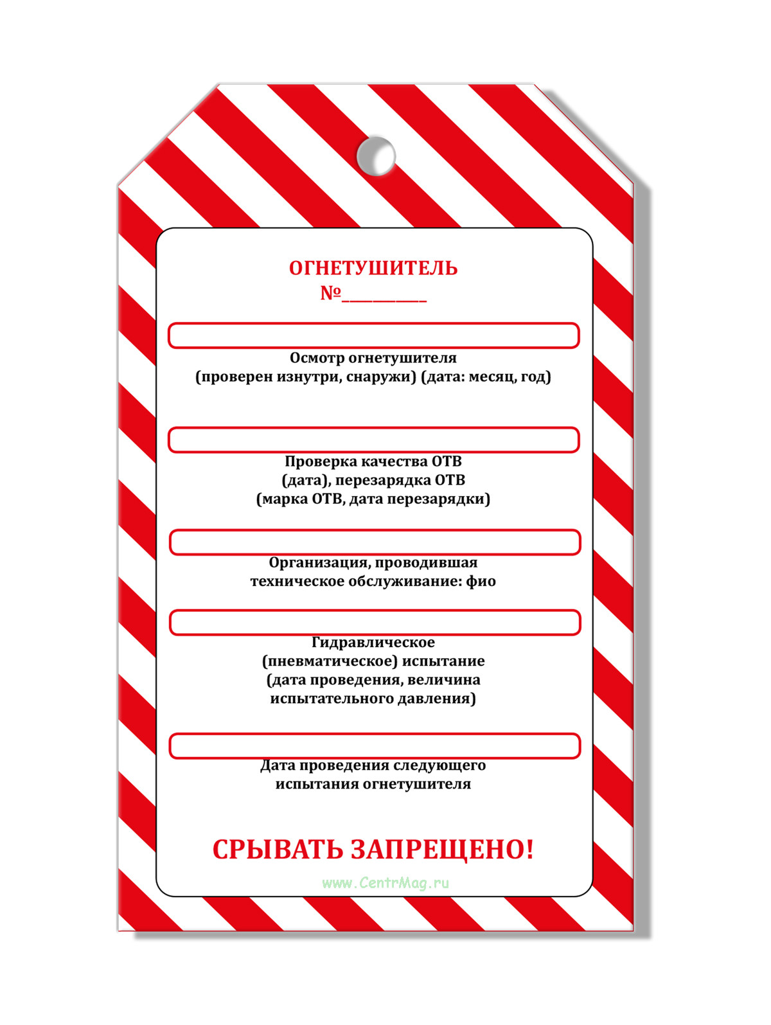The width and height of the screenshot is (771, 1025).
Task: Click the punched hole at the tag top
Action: [x=376, y=155]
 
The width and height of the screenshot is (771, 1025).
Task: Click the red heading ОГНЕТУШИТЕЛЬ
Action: [x=373, y=268]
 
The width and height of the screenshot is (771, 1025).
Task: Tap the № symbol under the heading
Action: [x=330, y=293]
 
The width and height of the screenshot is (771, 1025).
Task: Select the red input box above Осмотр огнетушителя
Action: [x=373, y=335]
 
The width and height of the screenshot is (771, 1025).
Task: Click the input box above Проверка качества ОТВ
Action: [x=373, y=440]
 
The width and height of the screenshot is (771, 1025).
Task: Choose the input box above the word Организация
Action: [x=375, y=542]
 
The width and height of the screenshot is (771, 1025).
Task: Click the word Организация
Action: [x=318, y=563]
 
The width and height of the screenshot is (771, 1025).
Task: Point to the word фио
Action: [x=481, y=582]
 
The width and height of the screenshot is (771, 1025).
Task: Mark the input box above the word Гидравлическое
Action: [x=375, y=623]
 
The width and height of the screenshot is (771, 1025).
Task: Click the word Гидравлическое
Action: [x=373, y=643]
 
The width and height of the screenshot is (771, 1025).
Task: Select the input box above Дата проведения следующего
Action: [x=375, y=746]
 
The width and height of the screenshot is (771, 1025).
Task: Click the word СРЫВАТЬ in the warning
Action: [x=278, y=850]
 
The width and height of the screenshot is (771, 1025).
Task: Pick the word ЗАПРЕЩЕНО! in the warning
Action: [x=443, y=850]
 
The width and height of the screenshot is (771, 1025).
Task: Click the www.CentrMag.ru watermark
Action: [x=385, y=883]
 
